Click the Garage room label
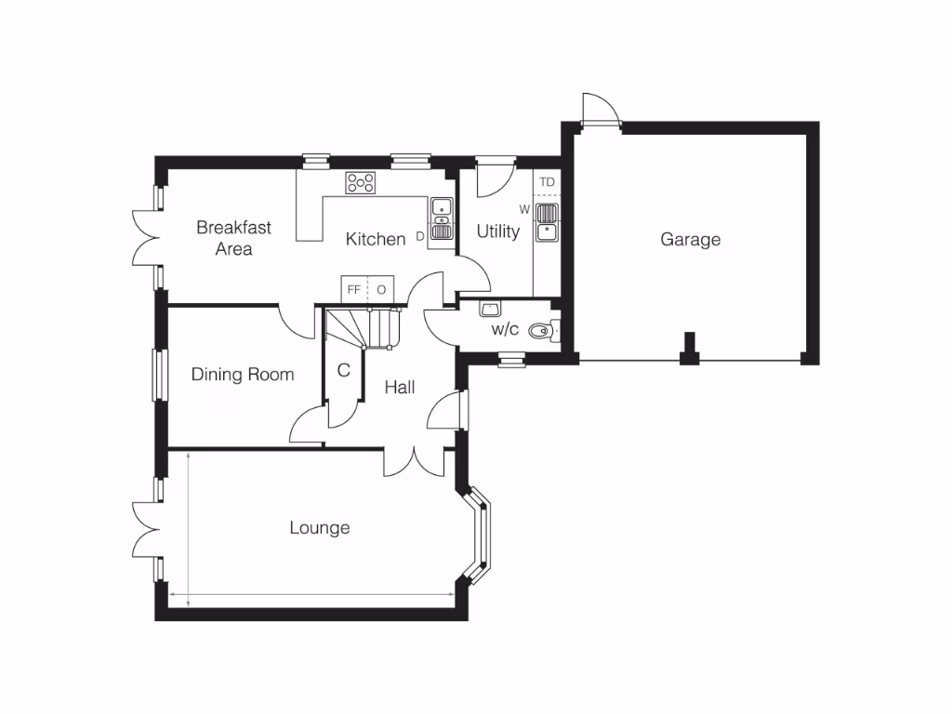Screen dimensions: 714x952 click(x=690, y=240)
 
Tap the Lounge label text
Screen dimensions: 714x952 click(x=320, y=528)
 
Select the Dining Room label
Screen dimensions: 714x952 click(x=243, y=375)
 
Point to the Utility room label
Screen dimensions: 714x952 click(x=498, y=231)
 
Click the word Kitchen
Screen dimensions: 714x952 click(x=376, y=239)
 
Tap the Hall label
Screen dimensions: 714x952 click(x=400, y=388)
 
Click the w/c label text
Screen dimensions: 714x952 click(x=505, y=329)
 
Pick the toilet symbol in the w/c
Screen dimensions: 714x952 click(x=541, y=329)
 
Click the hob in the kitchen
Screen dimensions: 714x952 click(x=361, y=183)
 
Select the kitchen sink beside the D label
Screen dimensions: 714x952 click(x=442, y=219)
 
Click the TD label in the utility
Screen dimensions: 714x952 click(x=547, y=182)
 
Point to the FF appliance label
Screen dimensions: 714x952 click(x=354, y=289)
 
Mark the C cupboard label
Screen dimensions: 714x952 click(x=343, y=370)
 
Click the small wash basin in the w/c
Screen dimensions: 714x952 click(x=490, y=308)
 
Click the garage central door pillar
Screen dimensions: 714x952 click(x=689, y=350)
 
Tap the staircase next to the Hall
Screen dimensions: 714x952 click(x=363, y=327)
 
